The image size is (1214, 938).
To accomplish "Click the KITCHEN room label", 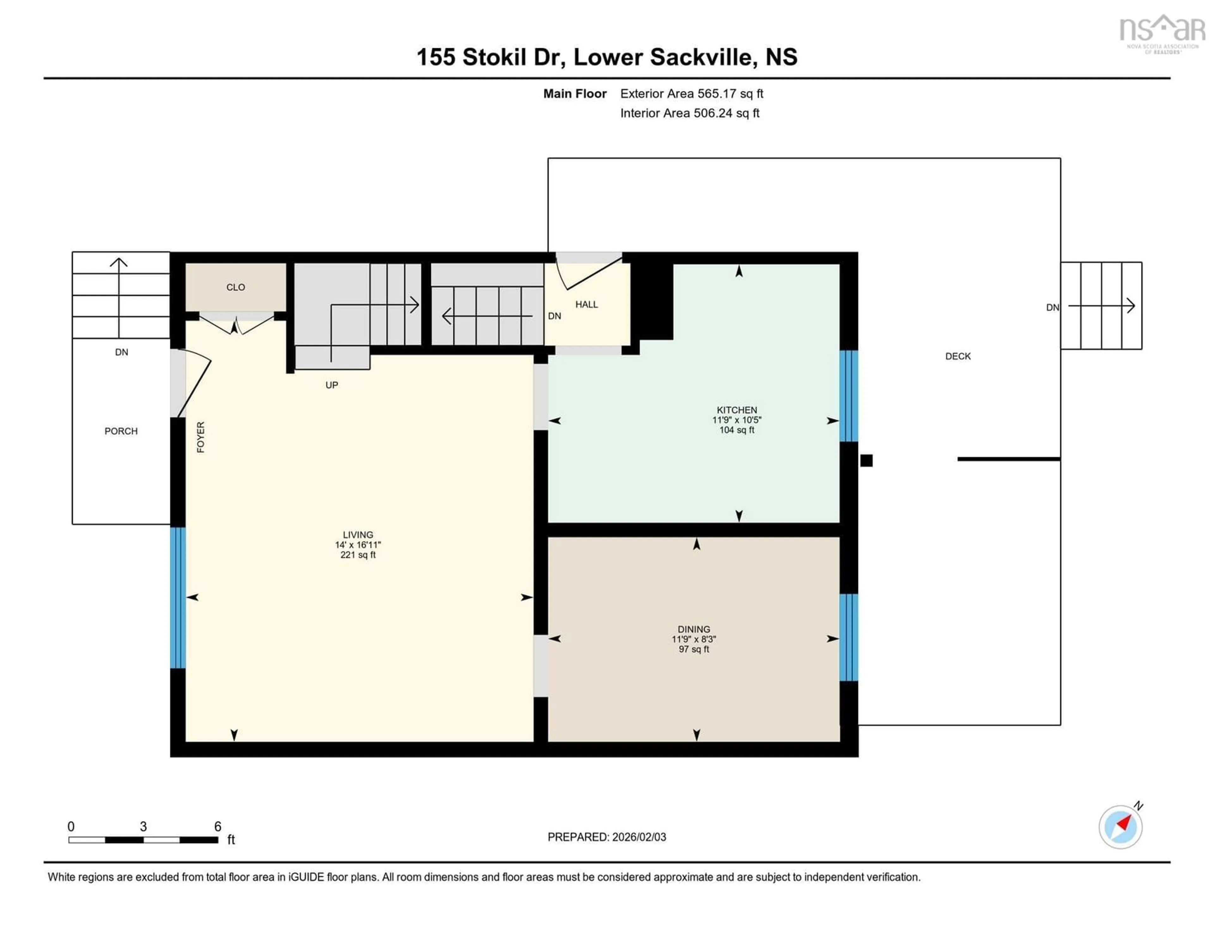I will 737,410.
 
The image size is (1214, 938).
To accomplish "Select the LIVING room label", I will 358,534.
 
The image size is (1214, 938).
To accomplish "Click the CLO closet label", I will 236,287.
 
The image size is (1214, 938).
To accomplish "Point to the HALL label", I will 586,304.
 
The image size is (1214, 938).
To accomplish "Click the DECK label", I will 958,356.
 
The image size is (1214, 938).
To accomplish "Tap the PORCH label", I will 121,431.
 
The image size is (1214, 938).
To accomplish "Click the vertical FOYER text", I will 201,437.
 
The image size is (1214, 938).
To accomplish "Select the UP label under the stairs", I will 332,385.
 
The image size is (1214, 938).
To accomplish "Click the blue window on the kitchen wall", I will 849,396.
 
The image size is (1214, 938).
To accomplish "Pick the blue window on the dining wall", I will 849,637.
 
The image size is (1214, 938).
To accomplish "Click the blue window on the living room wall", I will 178,598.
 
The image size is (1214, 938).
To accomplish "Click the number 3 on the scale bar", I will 144,826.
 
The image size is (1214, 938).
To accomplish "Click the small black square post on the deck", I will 866,460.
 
